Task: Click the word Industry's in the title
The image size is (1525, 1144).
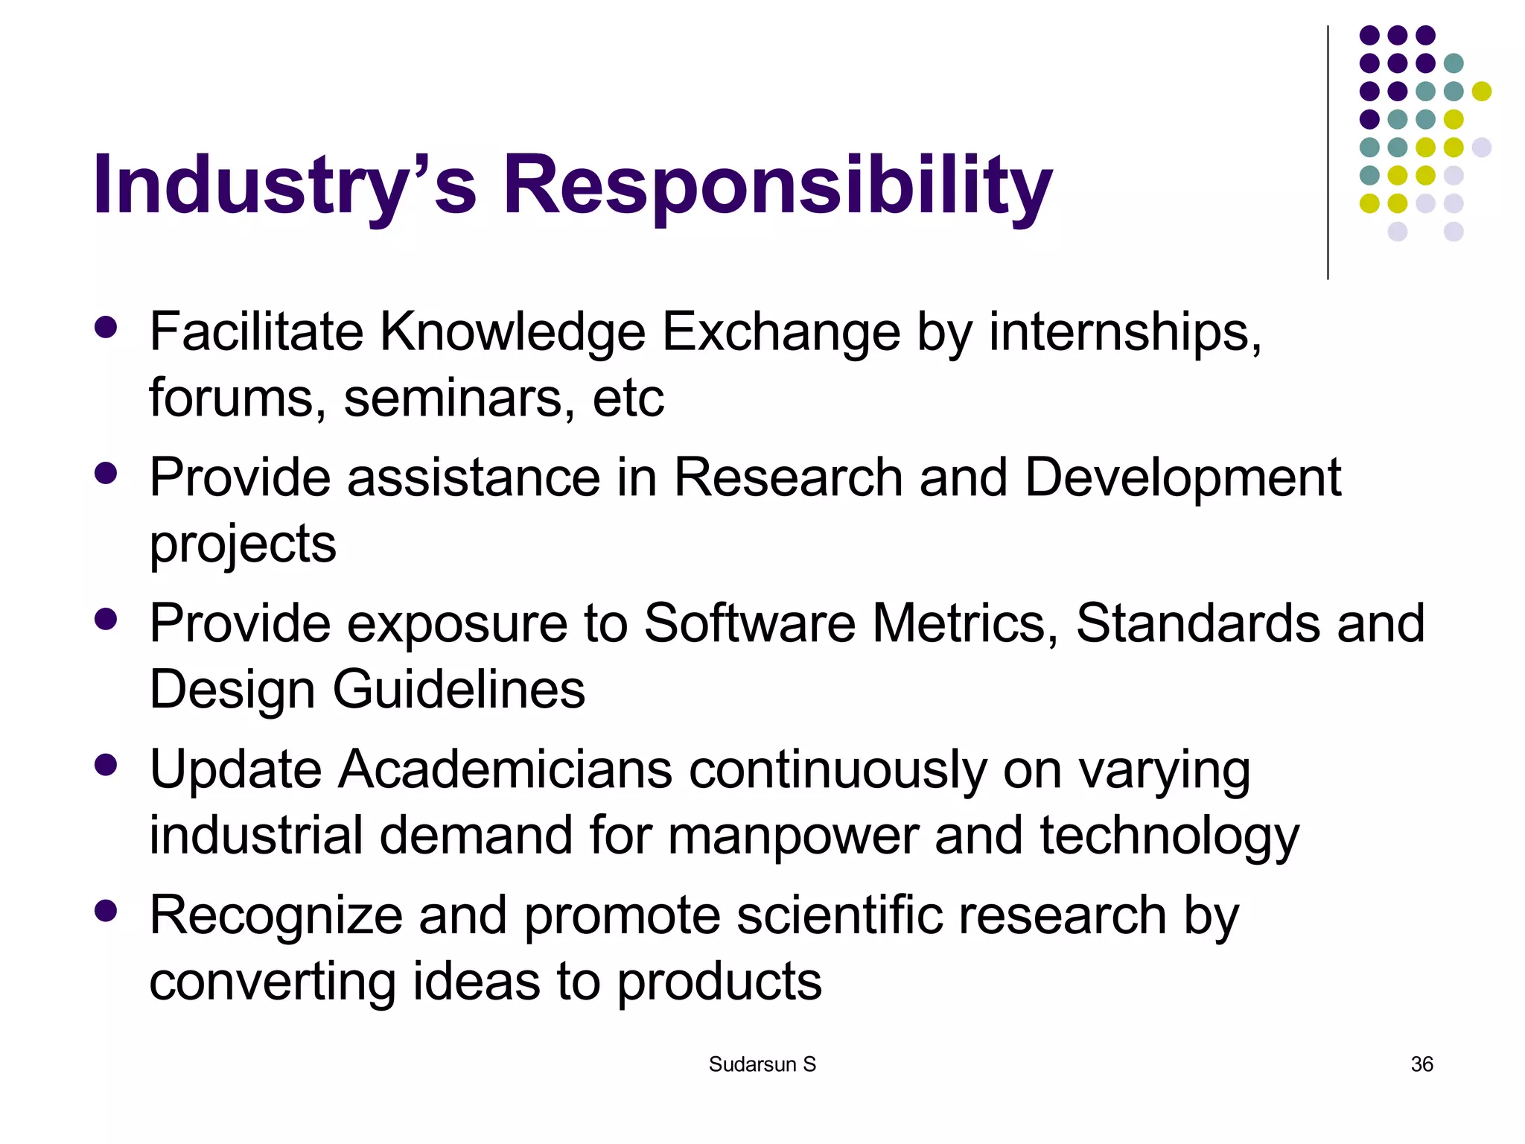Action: click(284, 184)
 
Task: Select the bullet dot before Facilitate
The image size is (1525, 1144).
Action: click(106, 328)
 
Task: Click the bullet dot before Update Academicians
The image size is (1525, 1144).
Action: click(106, 765)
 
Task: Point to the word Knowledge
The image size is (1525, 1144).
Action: click(513, 331)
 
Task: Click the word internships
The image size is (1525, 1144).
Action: click(1124, 331)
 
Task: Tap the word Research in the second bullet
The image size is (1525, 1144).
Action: click(788, 477)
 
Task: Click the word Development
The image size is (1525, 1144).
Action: click(1182, 477)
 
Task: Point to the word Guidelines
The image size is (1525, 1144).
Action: click(459, 690)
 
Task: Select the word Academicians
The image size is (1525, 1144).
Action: click(505, 769)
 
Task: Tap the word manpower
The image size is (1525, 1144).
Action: click(792, 836)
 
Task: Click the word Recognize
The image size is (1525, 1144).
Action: click(276, 916)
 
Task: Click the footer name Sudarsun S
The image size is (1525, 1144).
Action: click(762, 1064)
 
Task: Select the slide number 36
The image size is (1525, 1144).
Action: click(1421, 1064)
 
